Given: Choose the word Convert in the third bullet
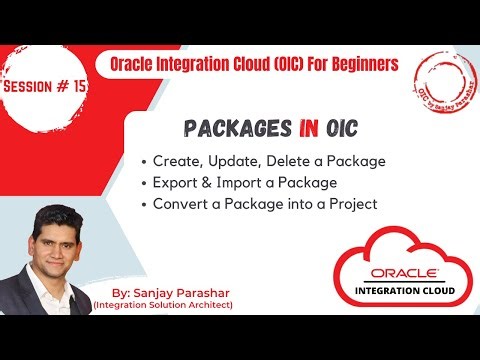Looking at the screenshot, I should [x=182, y=205].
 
